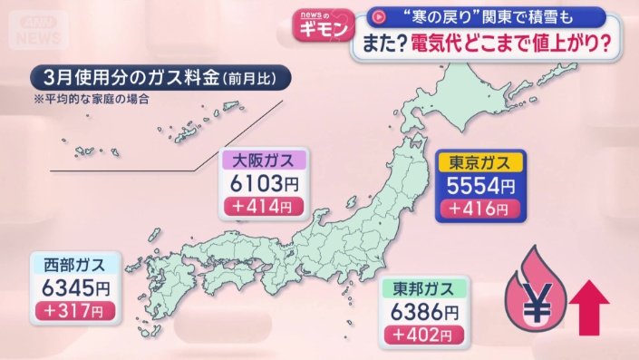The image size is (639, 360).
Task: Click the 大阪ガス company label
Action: click(264, 161)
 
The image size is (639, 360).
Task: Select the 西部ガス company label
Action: click(81, 266)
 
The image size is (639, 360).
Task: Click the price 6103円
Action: click(263, 184)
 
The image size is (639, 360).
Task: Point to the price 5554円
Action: click(480, 187)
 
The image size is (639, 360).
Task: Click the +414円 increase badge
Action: click(263, 207)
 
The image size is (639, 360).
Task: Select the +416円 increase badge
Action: click(480, 210)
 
